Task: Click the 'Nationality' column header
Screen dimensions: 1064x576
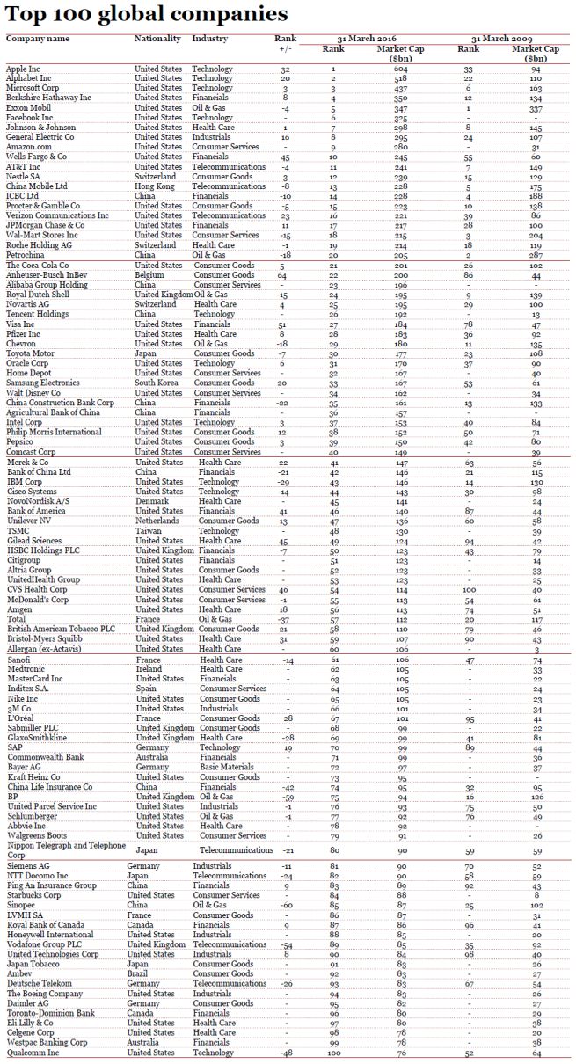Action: pyautogui.click(x=157, y=40)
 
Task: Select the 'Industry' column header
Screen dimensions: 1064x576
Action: pyautogui.click(x=209, y=40)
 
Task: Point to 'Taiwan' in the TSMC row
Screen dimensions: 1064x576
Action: pyautogui.click(x=148, y=531)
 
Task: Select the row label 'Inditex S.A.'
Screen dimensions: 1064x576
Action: pyautogui.click(x=32, y=689)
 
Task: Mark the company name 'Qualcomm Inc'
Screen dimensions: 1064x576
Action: pyautogui.click(x=33, y=1053)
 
